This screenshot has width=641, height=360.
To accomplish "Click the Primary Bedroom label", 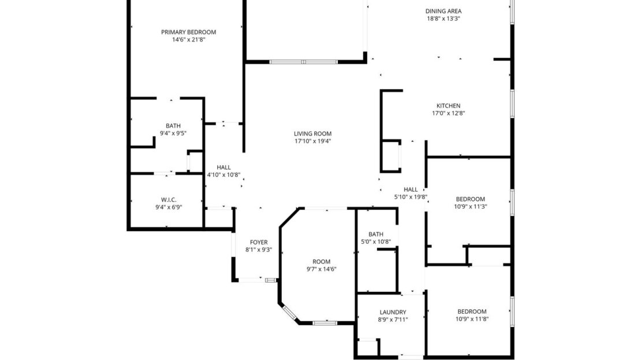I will coord(188,32).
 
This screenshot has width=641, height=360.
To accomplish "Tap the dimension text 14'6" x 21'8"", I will coord(188,40).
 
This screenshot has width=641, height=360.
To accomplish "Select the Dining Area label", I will coord(443,11).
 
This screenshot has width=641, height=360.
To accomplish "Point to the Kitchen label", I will coord(448,106).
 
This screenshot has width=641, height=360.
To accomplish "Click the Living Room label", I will coord(312,133).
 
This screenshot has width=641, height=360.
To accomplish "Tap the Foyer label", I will coord(258,242).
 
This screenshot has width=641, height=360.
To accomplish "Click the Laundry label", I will coord(393,312).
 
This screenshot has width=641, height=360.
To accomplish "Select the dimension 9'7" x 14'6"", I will coord(321,269).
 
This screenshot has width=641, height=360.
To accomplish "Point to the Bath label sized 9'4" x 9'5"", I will coord(173,125).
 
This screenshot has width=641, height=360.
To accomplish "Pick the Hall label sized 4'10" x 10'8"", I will coord(223,168).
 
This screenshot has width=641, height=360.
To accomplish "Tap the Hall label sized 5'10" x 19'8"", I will coord(411,189).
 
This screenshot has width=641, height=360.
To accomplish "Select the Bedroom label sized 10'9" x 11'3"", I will coord(471,199).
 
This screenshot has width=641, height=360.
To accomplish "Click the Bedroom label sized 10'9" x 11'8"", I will coord(472,311).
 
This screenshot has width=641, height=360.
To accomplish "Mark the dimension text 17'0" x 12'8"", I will coord(449,113).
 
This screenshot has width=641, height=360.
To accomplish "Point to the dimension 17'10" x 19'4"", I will coord(312,141).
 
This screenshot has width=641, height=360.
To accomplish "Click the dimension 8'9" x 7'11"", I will coord(393,320).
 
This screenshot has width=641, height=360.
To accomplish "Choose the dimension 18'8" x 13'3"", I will coord(443,18).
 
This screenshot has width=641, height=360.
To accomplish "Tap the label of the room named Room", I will coord(321,261).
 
